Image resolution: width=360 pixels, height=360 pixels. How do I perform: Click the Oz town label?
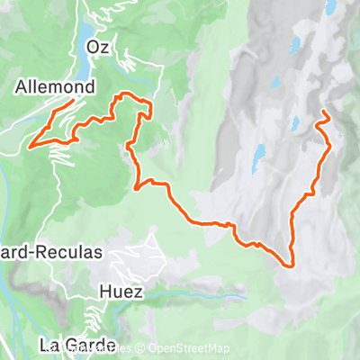(x=98, y=48)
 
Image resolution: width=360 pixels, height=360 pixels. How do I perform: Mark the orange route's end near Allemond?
(x=72, y=104)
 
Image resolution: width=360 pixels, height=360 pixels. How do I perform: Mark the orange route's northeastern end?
(x=323, y=112)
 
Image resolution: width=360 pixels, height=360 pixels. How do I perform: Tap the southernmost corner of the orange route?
(x=291, y=265)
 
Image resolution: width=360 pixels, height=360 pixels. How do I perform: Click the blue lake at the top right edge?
(x=331, y=7)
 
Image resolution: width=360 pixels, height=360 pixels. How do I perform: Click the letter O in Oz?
(x=93, y=48)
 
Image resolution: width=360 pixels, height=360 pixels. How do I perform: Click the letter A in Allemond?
(x=22, y=88)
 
